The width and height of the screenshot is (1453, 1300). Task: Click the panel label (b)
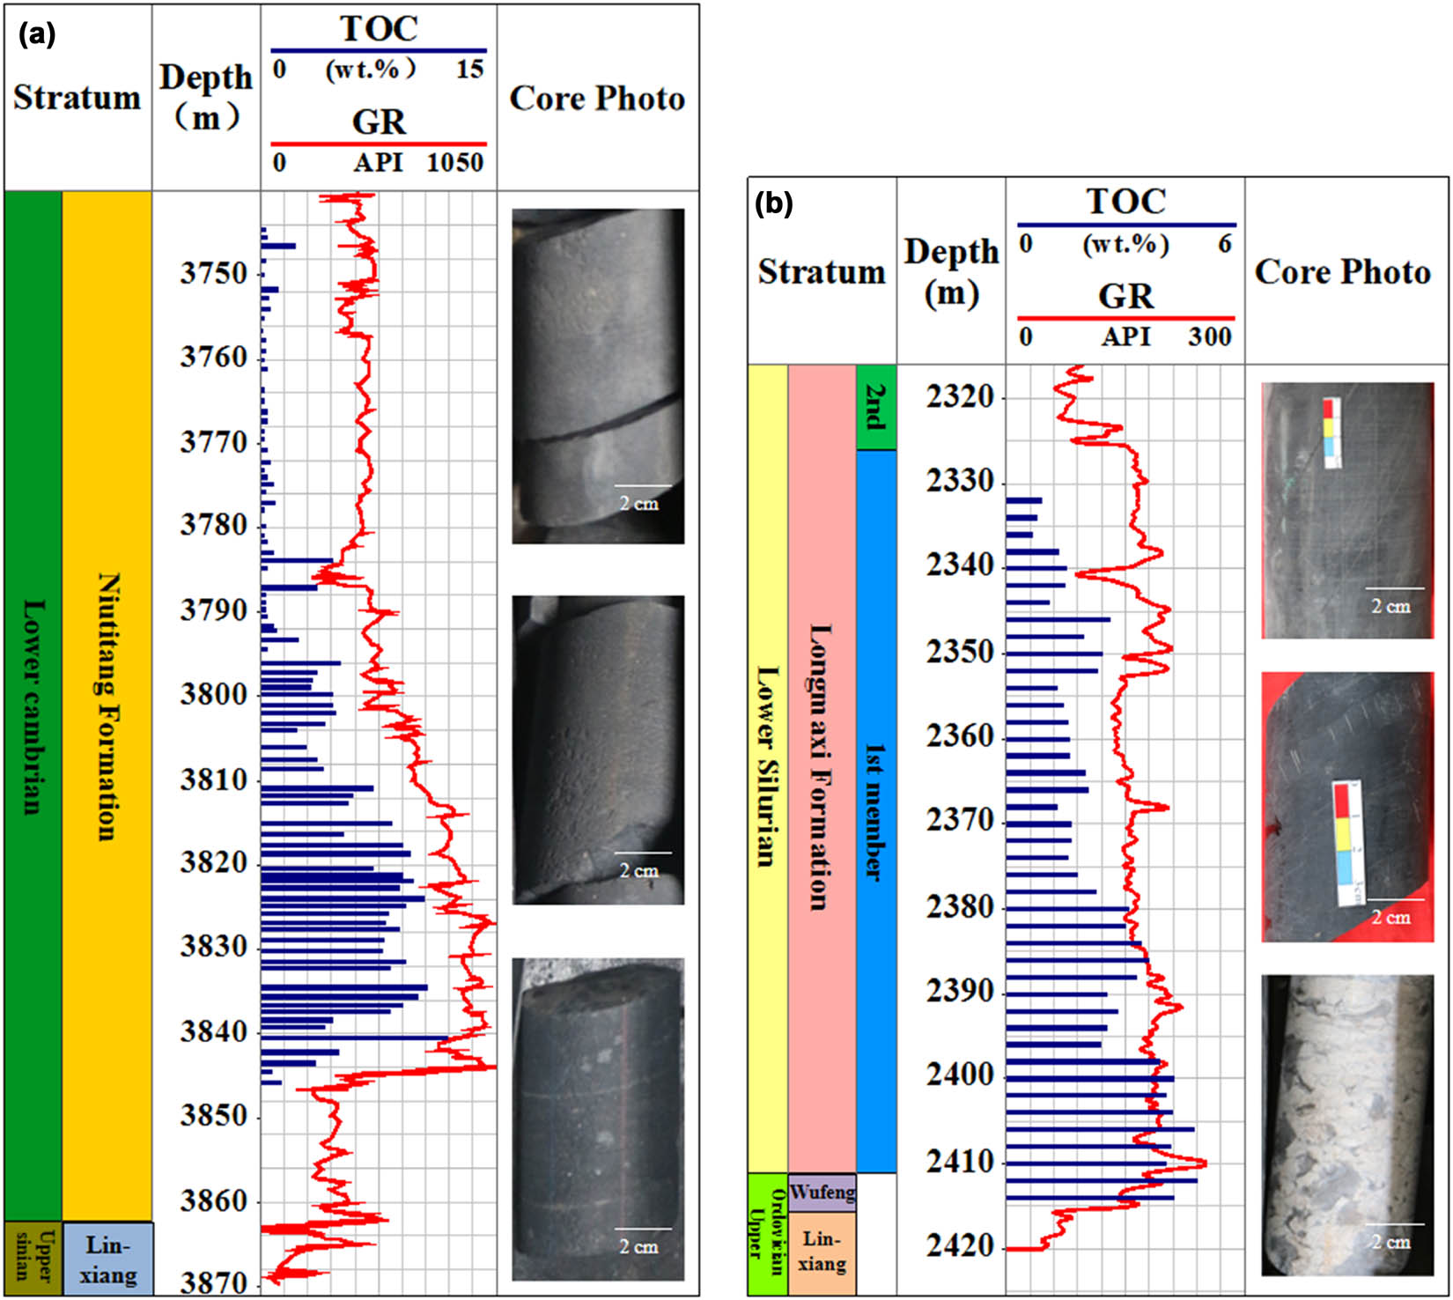pyautogui.click(x=775, y=204)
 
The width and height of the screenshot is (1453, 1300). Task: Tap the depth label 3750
pyautogui.click(x=214, y=274)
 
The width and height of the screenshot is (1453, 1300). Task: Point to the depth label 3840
pyautogui.click(x=214, y=1031)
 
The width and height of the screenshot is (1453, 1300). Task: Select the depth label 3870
pyautogui.click(x=214, y=1283)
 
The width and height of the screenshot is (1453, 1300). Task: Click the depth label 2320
pyautogui.click(x=960, y=397)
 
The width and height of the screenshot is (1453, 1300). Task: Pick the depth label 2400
pyautogui.click(x=960, y=1075)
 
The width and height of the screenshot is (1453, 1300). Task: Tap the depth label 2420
pyautogui.click(x=960, y=1246)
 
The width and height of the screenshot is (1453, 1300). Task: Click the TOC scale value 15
pyautogui.click(x=469, y=69)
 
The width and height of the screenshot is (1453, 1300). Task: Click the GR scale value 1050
pyautogui.click(x=455, y=163)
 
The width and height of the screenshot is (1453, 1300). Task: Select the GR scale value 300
pyautogui.click(x=1210, y=336)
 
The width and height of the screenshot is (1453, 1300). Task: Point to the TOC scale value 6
pyautogui.click(x=1224, y=244)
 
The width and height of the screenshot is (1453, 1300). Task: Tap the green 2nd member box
pyautogui.click(x=876, y=407)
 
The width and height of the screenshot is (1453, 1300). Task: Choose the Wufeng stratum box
pyautogui.click(x=822, y=1193)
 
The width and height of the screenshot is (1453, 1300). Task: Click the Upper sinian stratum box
pyautogui.click(x=33, y=1257)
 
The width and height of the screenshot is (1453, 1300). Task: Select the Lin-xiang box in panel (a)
pyautogui.click(x=107, y=1259)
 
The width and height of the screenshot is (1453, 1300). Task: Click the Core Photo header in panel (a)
pyautogui.click(x=597, y=99)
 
